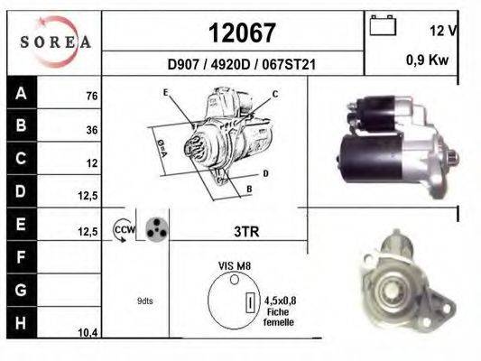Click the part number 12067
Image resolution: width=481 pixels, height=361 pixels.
[242, 32]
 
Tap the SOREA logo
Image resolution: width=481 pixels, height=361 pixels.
[56, 42]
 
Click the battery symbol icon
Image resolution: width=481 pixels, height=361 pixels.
[383, 25]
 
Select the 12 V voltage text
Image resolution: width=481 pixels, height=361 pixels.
[444, 31]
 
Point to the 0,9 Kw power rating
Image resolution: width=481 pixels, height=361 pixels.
[428, 60]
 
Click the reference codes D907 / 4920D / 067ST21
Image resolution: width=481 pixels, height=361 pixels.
[242, 65]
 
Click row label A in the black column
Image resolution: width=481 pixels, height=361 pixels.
[21, 93]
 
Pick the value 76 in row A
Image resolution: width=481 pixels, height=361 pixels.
[92, 96]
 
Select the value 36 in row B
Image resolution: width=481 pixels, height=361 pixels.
[92, 130]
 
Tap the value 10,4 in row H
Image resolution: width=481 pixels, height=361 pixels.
[88, 332]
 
